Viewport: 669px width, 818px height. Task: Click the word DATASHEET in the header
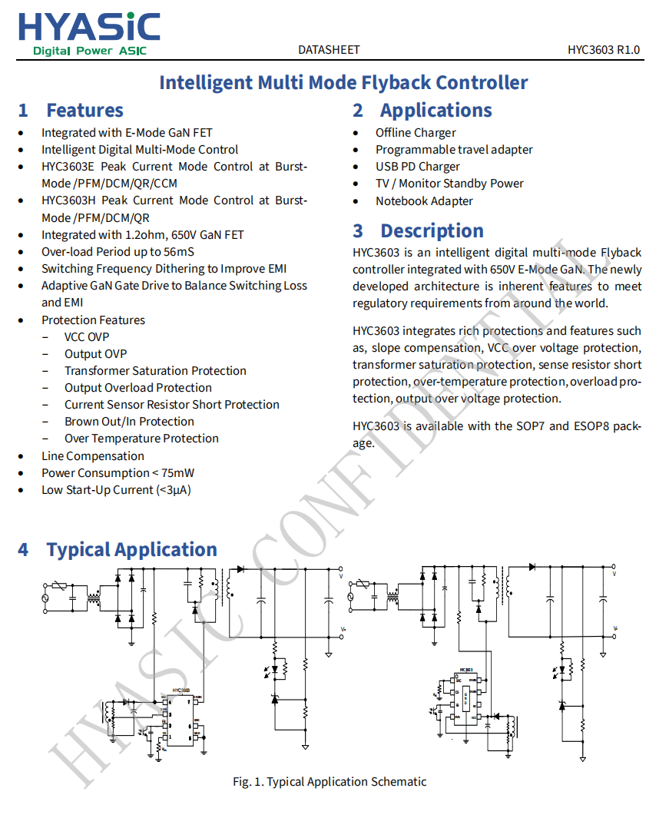(329, 50)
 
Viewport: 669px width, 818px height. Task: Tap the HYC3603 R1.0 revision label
(604, 50)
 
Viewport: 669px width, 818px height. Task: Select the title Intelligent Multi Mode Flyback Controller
(343, 82)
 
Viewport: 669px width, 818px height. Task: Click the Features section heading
(84, 111)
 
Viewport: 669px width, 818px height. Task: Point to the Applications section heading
(436, 111)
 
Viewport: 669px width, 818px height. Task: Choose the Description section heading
(432, 231)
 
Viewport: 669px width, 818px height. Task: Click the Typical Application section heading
(131, 550)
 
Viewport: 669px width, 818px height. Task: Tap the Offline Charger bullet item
(416, 133)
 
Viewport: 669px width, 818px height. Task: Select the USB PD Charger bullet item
(417, 167)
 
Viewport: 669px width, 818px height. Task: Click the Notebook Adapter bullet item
(424, 201)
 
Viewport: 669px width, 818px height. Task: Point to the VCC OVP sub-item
(87, 337)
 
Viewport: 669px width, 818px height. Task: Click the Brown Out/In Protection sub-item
(129, 422)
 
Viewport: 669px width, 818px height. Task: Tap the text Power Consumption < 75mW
(118, 473)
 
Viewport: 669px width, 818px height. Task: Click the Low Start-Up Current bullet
(116, 490)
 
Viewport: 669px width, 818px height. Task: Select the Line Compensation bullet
(92, 456)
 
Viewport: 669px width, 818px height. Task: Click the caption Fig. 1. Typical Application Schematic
(330, 782)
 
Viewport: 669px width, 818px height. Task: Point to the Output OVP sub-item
(95, 354)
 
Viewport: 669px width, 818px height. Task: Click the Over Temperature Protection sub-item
(141, 439)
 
